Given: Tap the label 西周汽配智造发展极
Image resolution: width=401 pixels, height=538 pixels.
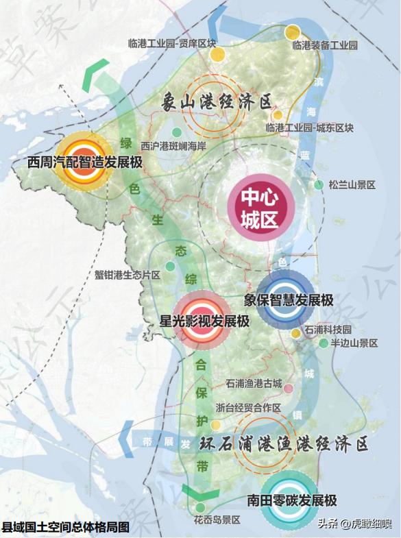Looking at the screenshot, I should click(x=84, y=163).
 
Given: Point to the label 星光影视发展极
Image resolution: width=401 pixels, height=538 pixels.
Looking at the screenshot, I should click(x=204, y=321).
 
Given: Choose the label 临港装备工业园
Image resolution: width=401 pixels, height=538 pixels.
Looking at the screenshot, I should click(x=325, y=45).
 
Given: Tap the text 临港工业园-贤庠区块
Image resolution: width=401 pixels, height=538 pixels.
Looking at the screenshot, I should click(x=172, y=42).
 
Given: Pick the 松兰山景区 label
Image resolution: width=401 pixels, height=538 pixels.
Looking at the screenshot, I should click(x=352, y=185).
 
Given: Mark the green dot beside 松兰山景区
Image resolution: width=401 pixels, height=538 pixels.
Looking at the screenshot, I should click(x=319, y=184).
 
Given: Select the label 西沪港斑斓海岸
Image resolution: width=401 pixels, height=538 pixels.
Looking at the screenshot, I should click(x=173, y=145).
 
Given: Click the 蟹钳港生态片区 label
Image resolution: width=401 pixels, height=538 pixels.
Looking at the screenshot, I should click(x=127, y=275).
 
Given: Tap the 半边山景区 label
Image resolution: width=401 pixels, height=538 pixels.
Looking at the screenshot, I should click(x=354, y=343).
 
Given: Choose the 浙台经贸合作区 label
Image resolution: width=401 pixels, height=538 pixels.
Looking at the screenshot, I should click(x=248, y=408).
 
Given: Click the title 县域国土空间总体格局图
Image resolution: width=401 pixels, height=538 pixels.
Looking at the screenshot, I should click(x=66, y=527).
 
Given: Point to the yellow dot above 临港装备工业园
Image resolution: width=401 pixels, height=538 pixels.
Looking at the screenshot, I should click(x=293, y=32).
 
